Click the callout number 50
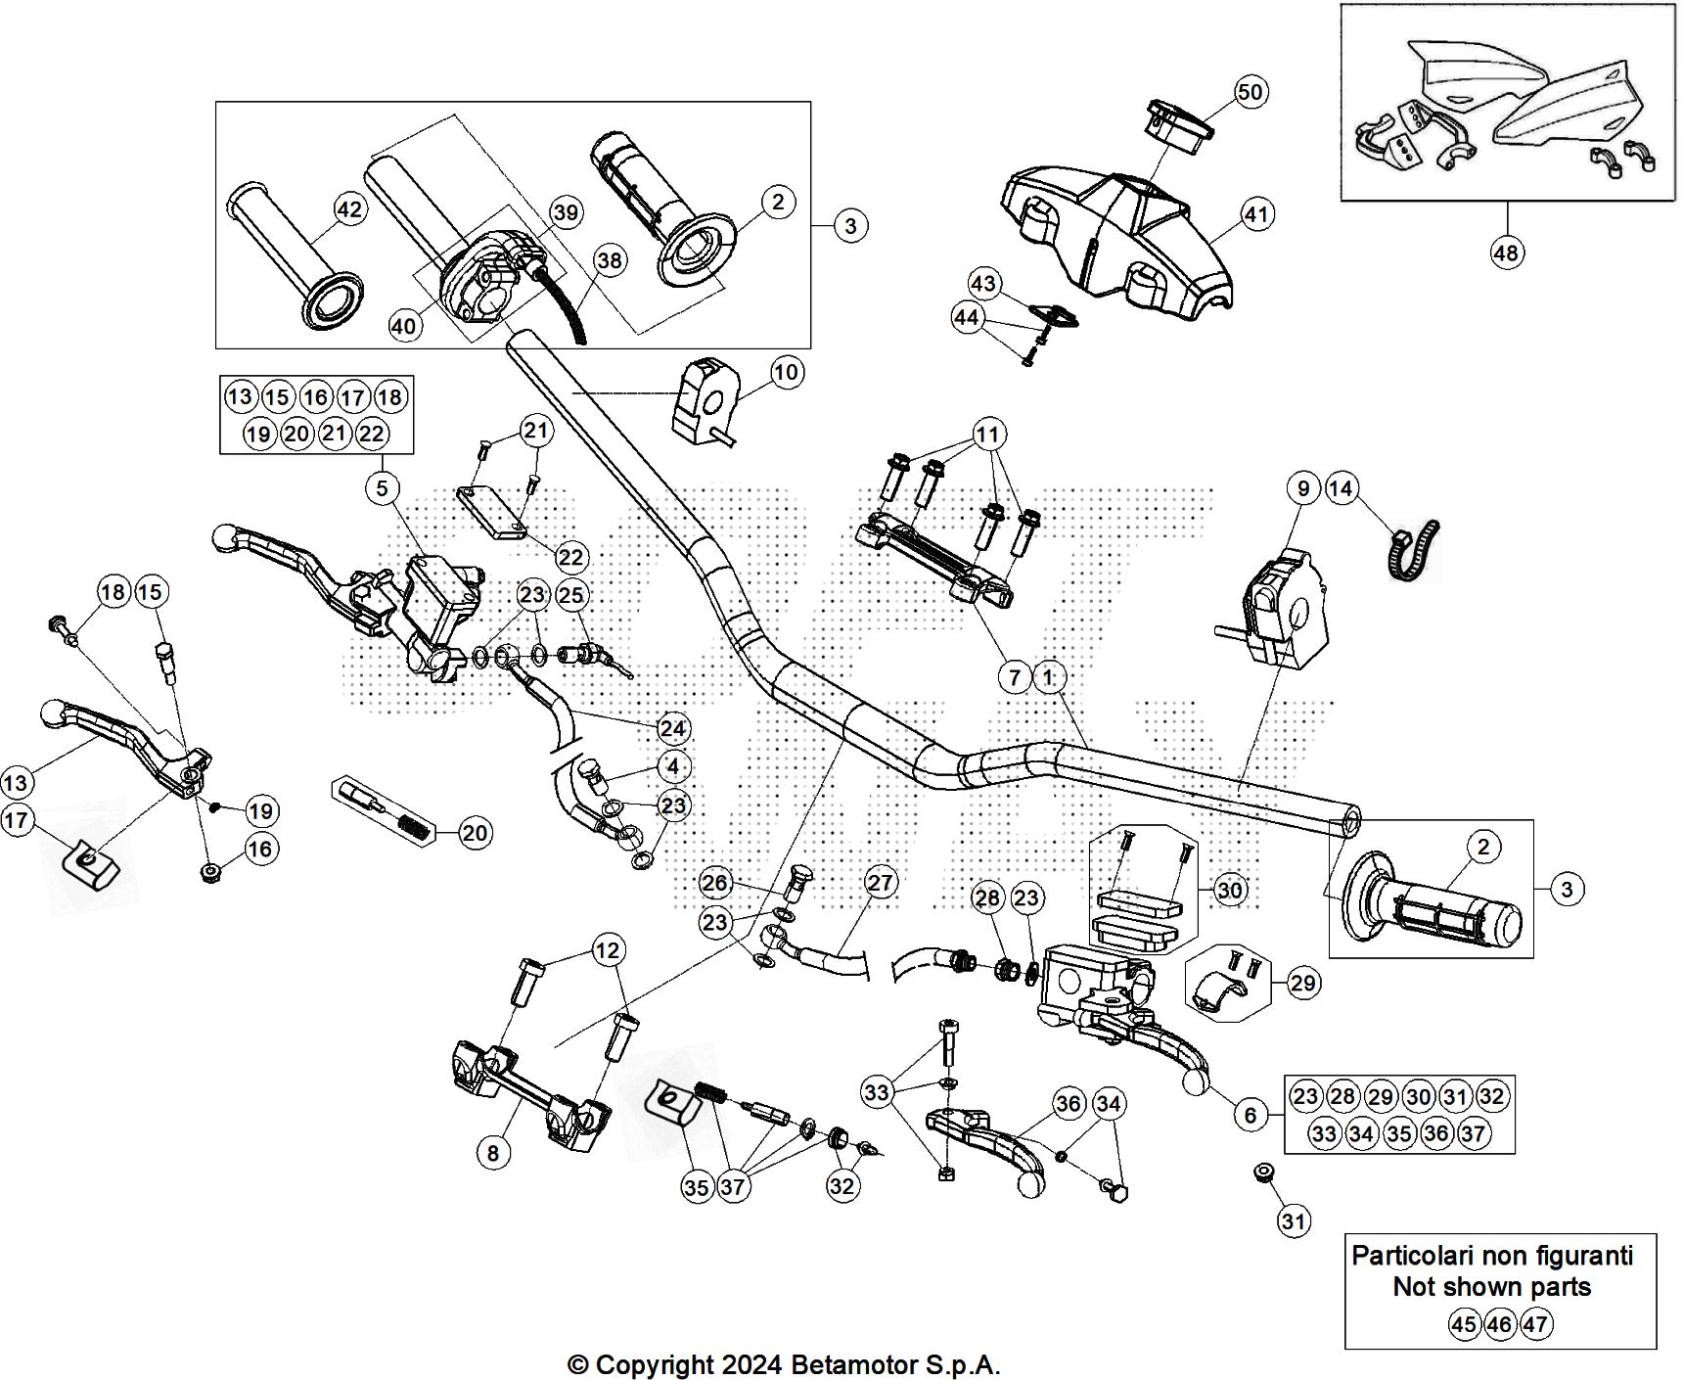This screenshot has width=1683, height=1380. pos(1251,92)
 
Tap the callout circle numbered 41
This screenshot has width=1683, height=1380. pos(1256,214)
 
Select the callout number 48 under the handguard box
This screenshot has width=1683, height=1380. pos(1506,253)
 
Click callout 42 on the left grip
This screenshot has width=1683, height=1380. pos(349,209)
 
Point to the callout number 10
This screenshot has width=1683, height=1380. pos(786,372)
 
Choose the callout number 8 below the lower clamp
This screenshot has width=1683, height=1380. pos(493,1153)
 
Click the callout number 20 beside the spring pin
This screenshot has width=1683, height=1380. pos(475,833)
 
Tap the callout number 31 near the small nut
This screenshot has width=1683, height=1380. pos(1294,1220)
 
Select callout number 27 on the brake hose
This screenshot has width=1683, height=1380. pos(881,883)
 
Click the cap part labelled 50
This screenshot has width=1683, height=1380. pos(1181,124)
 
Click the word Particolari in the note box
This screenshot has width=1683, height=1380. pos(1406,1256)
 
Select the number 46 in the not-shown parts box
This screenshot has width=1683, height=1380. pos(1499,1325)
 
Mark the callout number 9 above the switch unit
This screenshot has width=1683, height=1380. pos(1303,488)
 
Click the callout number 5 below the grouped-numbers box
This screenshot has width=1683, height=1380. pos(383,487)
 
